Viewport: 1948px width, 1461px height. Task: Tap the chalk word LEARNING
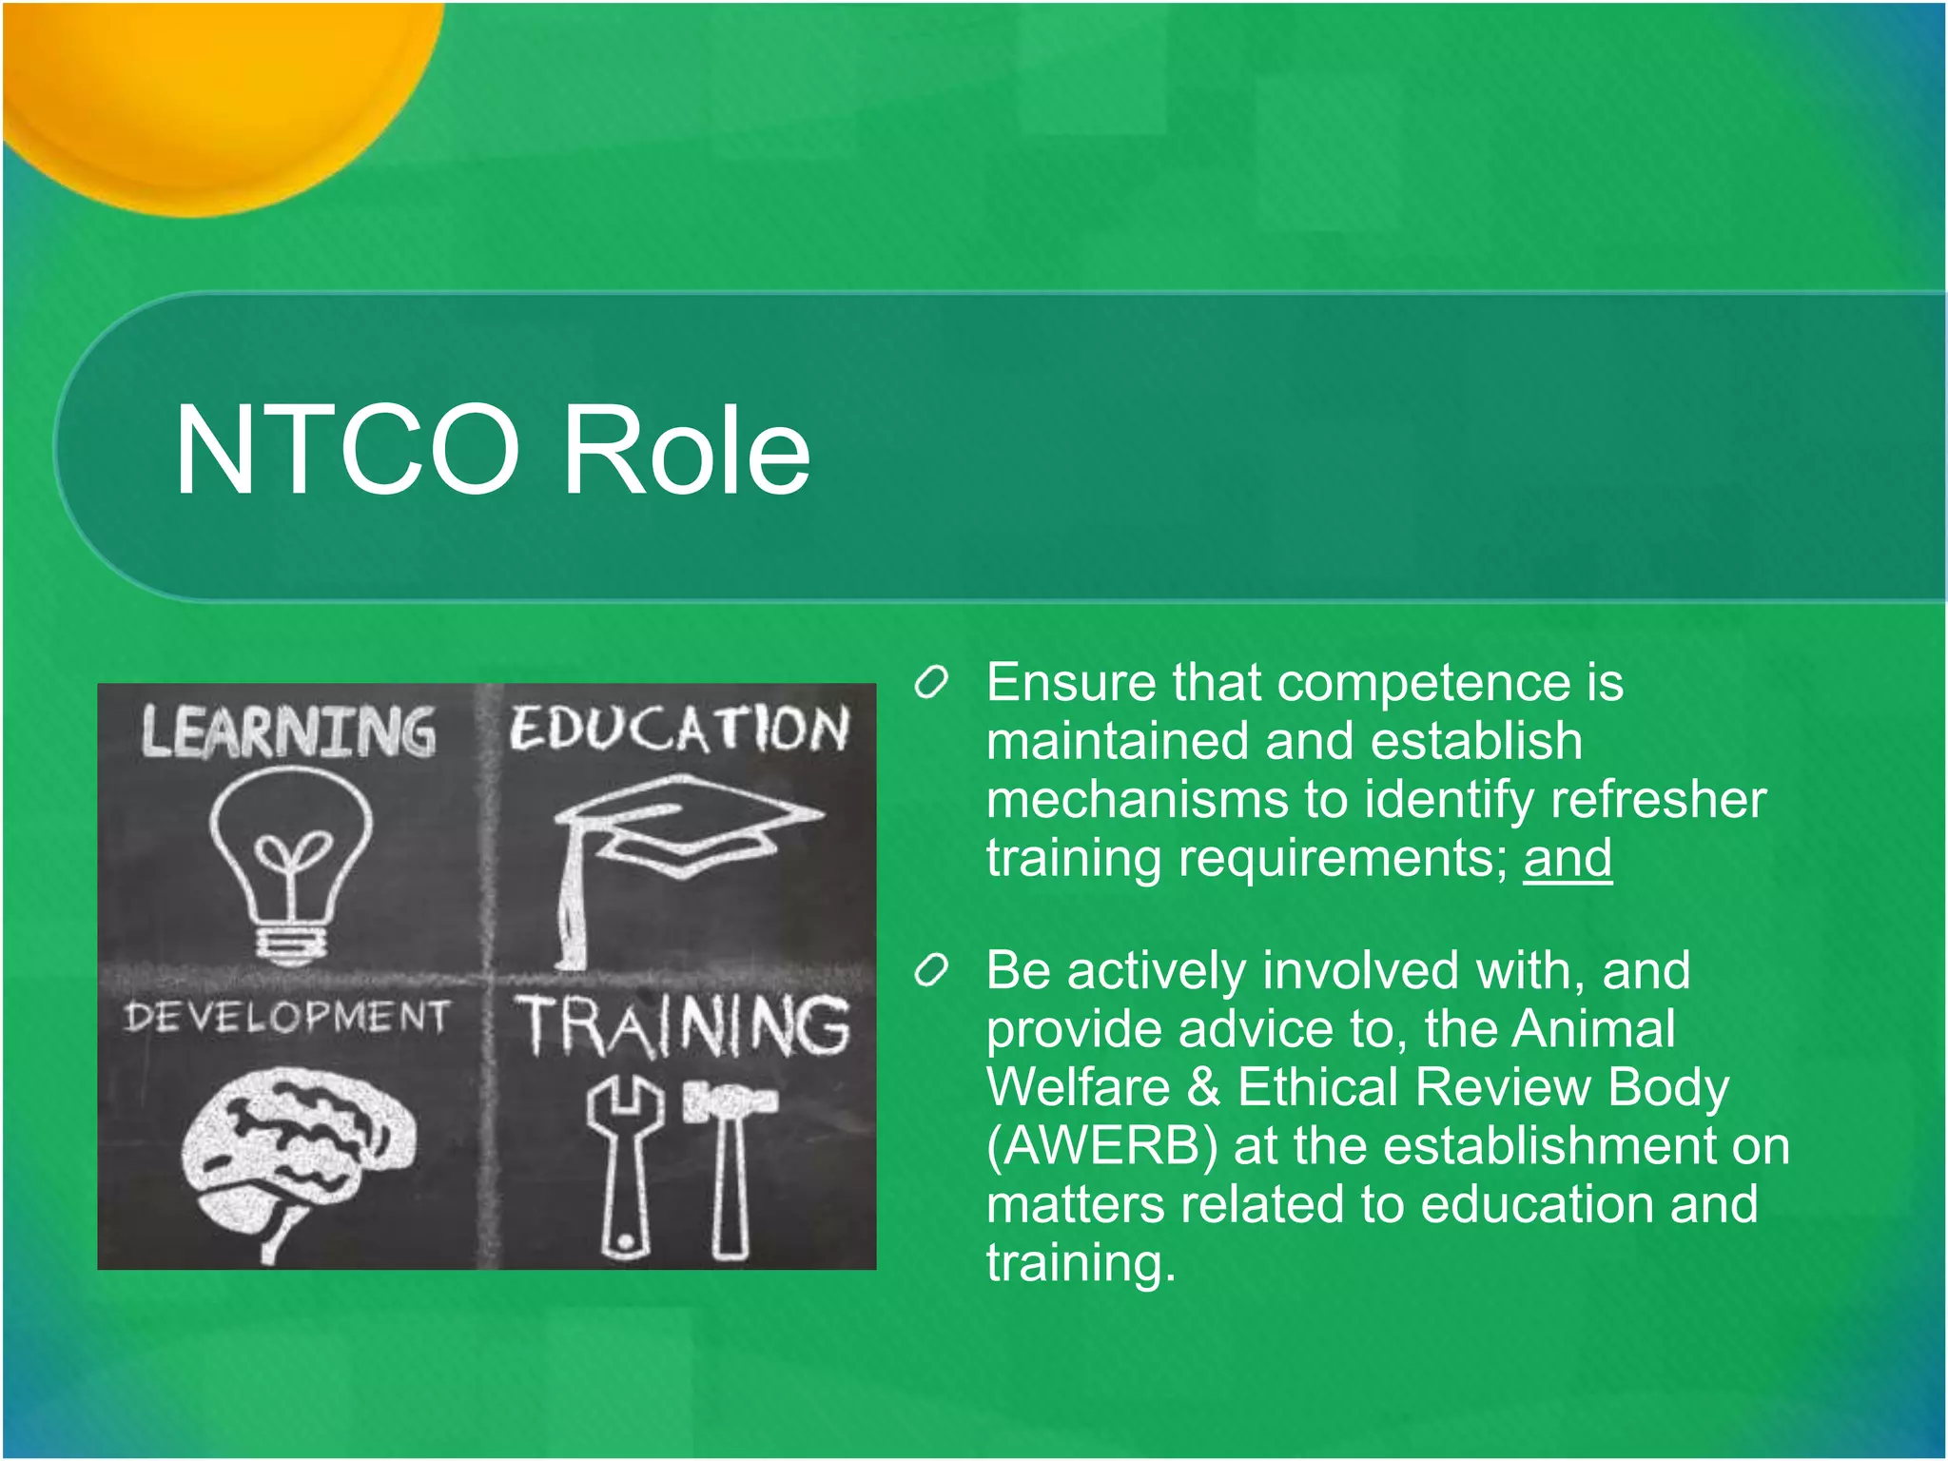288,732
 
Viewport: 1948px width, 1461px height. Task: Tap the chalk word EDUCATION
678,730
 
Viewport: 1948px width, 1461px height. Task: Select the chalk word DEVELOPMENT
285,1017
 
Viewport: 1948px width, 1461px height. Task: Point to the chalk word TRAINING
683,1026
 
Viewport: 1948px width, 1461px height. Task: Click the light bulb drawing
290,861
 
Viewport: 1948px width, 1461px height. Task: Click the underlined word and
1567,859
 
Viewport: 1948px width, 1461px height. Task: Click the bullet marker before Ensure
931,683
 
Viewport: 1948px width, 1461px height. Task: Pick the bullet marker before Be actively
931,970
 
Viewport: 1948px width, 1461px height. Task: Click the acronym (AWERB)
1101,1146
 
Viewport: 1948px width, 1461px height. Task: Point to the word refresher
1658,800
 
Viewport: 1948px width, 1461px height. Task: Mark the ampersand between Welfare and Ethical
1203,1087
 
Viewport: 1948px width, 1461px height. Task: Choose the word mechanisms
1137,800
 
